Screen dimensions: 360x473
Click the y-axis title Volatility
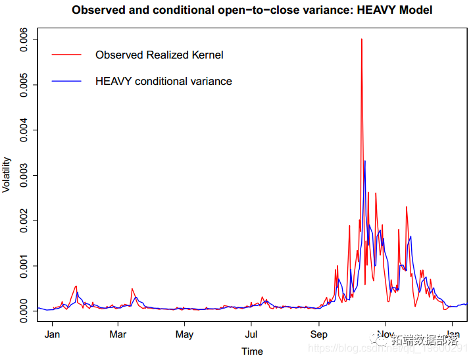(7, 174)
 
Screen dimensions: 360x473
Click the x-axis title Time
(252, 351)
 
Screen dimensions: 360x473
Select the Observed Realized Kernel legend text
(159, 55)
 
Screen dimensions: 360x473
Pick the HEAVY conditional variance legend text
(164, 81)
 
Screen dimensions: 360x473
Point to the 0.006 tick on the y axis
(24, 39)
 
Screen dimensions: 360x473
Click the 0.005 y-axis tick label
(24, 85)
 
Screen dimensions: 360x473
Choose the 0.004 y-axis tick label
(24, 130)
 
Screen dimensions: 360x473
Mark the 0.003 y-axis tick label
(24, 175)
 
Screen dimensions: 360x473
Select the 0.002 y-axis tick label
(24, 220)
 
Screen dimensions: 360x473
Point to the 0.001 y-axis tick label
(24, 266)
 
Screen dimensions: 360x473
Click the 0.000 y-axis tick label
(24, 311)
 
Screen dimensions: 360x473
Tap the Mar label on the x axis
(118, 334)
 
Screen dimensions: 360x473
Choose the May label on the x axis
(185, 334)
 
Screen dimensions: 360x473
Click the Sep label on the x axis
(319, 334)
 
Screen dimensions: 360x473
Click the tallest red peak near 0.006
(362, 40)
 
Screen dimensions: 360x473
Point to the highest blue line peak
(365, 161)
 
